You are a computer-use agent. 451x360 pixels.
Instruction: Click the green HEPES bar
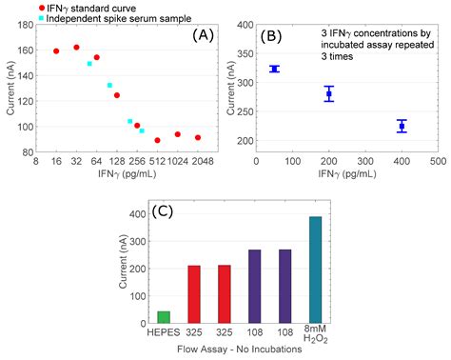164,316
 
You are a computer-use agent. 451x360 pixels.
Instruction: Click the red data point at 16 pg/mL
56,51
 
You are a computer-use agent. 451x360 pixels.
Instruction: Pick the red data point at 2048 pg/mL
198,137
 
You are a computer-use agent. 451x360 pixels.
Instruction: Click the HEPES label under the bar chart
164,333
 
